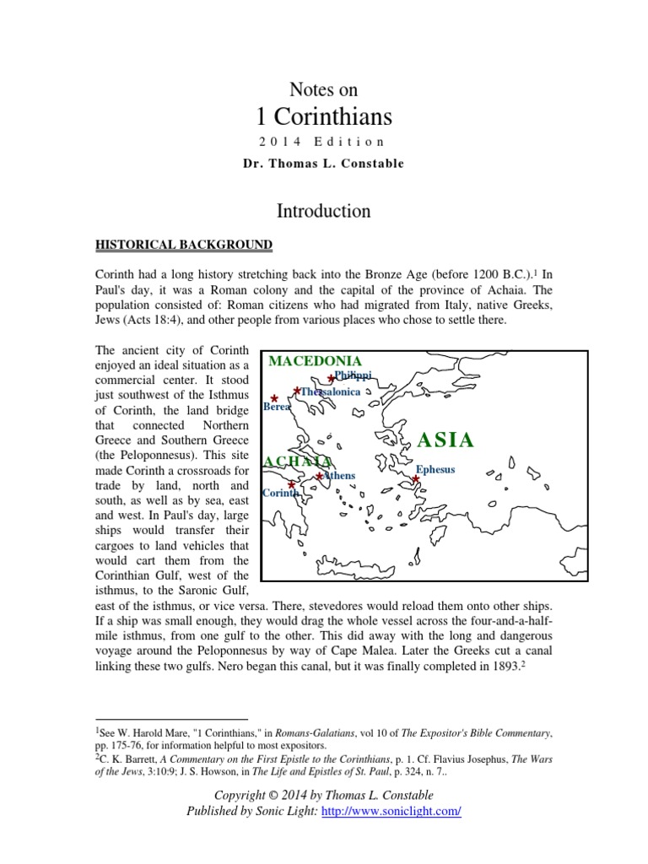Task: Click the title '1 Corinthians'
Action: tap(323, 115)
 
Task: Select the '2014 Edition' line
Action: tap(323, 142)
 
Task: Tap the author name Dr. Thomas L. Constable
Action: tap(323, 164)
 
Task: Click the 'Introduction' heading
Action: tap(323, 210)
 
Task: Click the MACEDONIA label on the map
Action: tap(315, 361)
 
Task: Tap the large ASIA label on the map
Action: tap(446, 440)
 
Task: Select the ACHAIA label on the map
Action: tap(297, 461)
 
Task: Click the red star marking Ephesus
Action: tap(416, 479)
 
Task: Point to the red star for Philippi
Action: tap(331, 379)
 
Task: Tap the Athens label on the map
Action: tap(339, 476)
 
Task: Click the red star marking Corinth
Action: tap(292, 484)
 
